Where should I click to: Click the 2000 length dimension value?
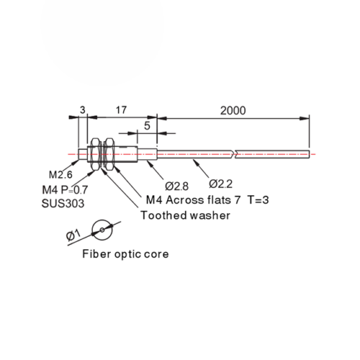tap(233, 111)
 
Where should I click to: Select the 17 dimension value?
tap(121, 110)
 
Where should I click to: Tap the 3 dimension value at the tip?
tap(83, 110)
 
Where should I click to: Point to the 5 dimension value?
tap(147, 125)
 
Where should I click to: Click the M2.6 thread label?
tap(60, 175)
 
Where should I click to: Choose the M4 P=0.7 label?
tap(65, 190)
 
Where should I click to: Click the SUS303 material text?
tap(63, 204)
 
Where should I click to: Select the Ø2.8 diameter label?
tap(176, 186)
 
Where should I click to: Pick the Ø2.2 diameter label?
tap(221, 184)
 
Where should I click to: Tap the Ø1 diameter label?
tap(73, 235)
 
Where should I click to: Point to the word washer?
tap(208, 215)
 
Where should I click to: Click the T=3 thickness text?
tap(258, 200)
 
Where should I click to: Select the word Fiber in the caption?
tap(96, 254)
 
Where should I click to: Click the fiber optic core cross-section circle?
tap(102, 220)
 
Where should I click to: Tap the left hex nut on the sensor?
tap(96, 154)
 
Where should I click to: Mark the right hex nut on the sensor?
tap(109, 154)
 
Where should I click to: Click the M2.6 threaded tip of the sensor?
tap(83, 154)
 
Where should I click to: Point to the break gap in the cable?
tap(234, 154)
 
